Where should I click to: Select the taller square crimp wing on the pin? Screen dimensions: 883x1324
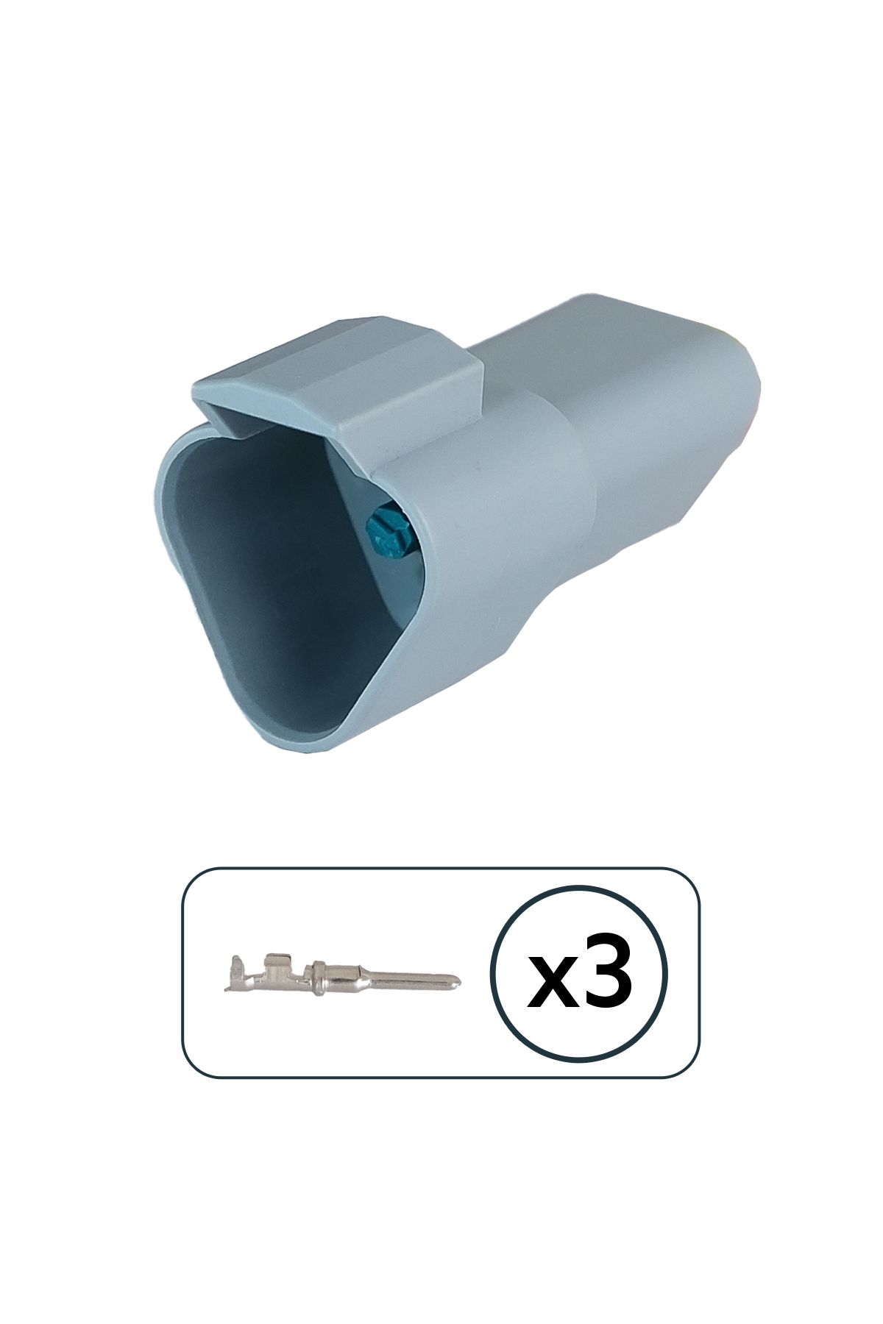tap(275, 965)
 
